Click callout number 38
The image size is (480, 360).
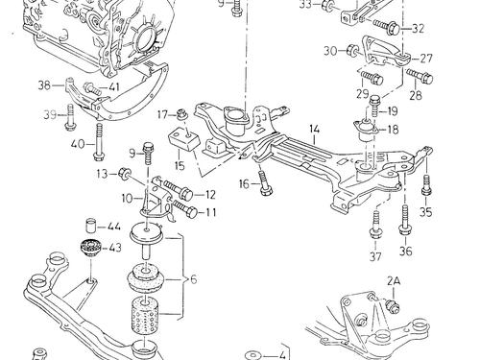(44, 84)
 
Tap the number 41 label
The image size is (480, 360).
(113, 88)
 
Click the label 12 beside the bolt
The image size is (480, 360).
(210, 194)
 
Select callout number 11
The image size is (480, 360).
(210, 212)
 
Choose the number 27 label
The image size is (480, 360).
(427, 58)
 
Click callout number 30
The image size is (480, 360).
(329, 50)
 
